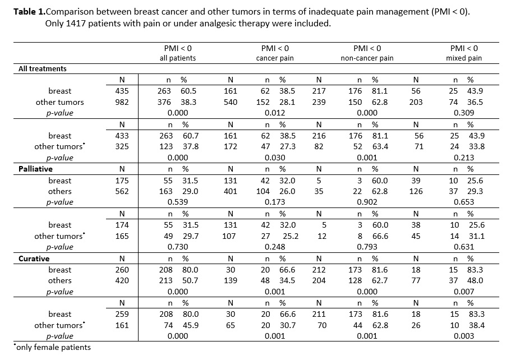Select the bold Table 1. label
(29, 12)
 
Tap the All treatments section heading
(43, 69)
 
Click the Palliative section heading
(35, 169)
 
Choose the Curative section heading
(34, 259)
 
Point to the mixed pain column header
(464, 58)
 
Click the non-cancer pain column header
(367, 58)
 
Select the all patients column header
(178, 58)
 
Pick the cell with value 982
(122, 102)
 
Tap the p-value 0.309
(464, 113)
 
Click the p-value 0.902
(367, 202)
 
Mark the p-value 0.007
(464, 292)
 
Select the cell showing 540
(231, 102)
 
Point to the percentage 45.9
(191, 325)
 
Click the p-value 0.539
(178, 202)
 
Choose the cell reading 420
(122, 280)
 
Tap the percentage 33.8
(477, 146)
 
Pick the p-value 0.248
(275, 247)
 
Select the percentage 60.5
(188, 91)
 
